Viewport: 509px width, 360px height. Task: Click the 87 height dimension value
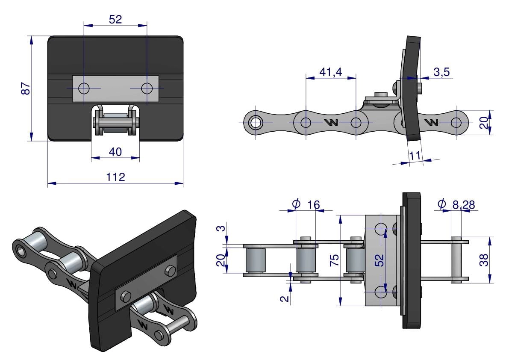[x=26, y=89]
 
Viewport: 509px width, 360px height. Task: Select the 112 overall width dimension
[x=116, y=177]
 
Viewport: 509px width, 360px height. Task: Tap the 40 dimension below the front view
[x=115, y=152]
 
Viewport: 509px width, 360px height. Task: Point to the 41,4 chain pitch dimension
[x=331, y=72]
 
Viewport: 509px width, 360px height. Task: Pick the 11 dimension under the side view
[x=415, y=156]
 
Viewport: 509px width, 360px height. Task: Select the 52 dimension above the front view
[x=115, y=19]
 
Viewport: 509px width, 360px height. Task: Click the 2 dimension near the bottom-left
[x=285, y=298]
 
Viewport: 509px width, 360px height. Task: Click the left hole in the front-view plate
[x=84, y=89]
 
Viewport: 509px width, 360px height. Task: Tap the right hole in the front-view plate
[x=147, y=89]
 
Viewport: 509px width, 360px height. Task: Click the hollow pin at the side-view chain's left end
[x=256, y=123]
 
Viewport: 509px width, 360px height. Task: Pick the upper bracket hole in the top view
[x=381, y=229]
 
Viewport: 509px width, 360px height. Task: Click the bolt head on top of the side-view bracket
[x=378, y=94]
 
